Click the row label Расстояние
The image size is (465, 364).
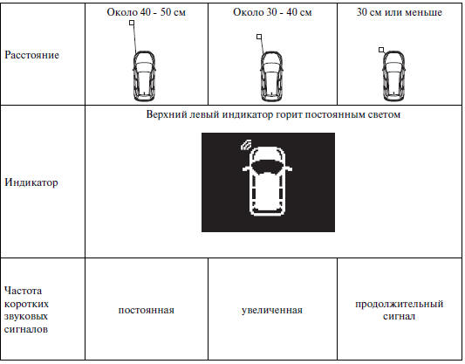point(31,55)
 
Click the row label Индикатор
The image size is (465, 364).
point(31,182)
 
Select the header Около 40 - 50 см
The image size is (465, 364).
point(147,12)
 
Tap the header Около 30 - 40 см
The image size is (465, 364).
point(272,12)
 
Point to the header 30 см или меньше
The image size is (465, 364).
point(400,12)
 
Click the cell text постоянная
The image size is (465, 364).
point(147,310)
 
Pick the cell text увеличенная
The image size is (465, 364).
point(272,310)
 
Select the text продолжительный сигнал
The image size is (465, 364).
point(400,310)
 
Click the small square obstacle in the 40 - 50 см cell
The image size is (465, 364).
point(132,23)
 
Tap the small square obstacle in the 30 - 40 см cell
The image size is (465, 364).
point(259,37)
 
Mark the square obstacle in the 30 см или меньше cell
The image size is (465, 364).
point(381,50)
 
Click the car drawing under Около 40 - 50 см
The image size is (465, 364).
point(144,76)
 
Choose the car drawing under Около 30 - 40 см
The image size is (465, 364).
point(271,76)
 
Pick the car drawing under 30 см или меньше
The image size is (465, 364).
point(393,76)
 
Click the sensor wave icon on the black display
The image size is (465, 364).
point(246,145)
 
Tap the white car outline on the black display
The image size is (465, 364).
point(268,181)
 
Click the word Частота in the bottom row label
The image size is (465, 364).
point(24,291)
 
